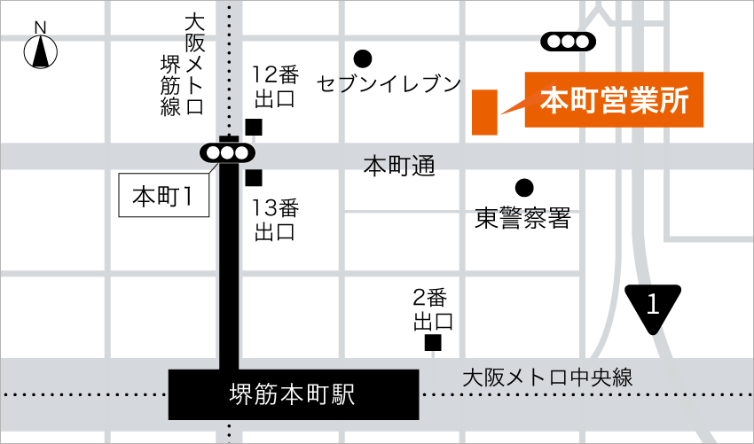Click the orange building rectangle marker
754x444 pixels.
pos(484,113)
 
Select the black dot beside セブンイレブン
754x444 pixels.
pos(361,58)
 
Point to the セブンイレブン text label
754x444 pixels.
pos(389,84)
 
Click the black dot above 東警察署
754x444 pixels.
pos(523,188)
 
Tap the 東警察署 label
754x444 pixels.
pos(522,218)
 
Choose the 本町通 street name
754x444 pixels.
pos(399,166)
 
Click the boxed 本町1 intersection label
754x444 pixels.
pos(163,196)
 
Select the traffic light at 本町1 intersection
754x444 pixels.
pos(227,153)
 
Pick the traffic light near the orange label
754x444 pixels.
pos(565,41)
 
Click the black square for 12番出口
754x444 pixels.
pos(255,127)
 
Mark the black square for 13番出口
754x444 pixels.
pos(255,178)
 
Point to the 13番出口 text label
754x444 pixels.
pos(276,220)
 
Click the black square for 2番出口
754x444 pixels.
pos(433,343)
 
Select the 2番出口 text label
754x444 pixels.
pos(432,308)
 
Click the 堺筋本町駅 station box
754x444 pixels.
pos(293,394)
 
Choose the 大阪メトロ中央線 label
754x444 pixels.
pos(547,377)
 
